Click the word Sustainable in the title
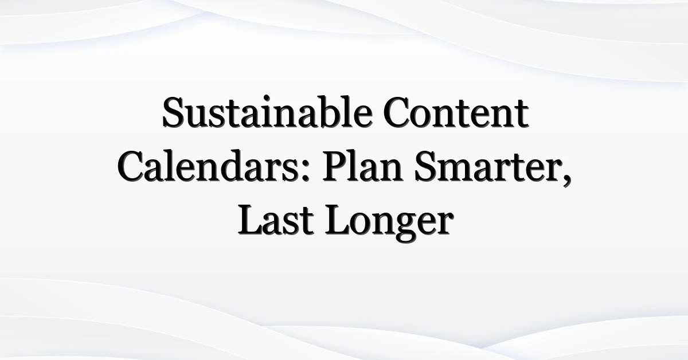coord(267,112)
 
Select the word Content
coord(456,113)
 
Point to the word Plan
coord(362,166)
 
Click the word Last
coord(276,220)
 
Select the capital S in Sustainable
coord(173,112)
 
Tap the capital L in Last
coord(251,221)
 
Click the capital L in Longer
coord(338,221)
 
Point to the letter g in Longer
coord(406,228)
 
